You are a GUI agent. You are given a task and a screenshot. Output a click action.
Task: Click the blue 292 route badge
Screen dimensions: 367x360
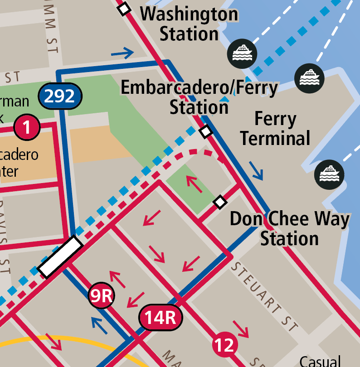[x=60, y=96]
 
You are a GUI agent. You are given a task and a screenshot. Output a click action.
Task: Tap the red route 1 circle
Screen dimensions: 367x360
[x=27, y=127]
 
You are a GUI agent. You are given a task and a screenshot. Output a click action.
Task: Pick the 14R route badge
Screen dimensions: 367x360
[x=161, y=317]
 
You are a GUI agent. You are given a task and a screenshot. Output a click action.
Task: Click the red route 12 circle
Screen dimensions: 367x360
[x=224, y=345]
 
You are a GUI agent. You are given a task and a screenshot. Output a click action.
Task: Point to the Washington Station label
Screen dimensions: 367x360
[x=189, y=24]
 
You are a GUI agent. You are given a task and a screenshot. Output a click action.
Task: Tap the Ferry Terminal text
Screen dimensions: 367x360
[x=275, y=129]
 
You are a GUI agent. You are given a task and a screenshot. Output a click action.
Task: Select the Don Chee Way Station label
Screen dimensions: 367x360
[x=289, y=229]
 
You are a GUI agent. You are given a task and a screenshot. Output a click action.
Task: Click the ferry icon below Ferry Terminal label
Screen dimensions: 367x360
[x=330, y=175]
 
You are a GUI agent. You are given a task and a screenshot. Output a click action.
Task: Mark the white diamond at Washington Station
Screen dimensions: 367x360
[x=124, y=9]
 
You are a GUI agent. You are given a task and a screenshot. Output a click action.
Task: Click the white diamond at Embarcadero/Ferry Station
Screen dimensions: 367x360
[x=206, y=131]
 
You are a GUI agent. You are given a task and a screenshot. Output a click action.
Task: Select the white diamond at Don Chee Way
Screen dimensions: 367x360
[x=220, y=202]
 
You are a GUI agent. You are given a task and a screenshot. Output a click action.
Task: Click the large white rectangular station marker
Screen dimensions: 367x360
[x=60, y=257]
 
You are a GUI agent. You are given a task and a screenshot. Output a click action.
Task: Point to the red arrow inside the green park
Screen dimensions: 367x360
[x=194, y=183]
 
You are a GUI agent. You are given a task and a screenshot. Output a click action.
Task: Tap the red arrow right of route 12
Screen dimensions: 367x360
[x=241, y=329]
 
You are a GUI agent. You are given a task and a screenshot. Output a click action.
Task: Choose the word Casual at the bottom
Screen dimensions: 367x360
[x=320, y=361]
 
